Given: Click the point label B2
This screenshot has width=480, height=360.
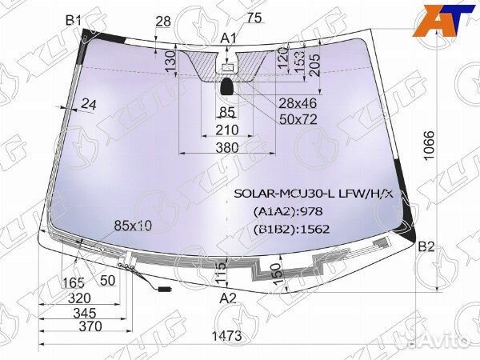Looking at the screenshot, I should point(426,246).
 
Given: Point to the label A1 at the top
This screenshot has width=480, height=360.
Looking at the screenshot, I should point(229,38).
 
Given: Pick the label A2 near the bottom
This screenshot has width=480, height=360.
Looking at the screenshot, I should point(229,298).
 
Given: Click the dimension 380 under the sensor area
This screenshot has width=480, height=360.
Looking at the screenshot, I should point(227,147).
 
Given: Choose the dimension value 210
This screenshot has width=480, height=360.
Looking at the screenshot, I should point(227,130).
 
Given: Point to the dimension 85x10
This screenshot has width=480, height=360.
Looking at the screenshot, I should point(133,226).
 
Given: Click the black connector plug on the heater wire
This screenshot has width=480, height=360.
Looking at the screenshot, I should point(166,288).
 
